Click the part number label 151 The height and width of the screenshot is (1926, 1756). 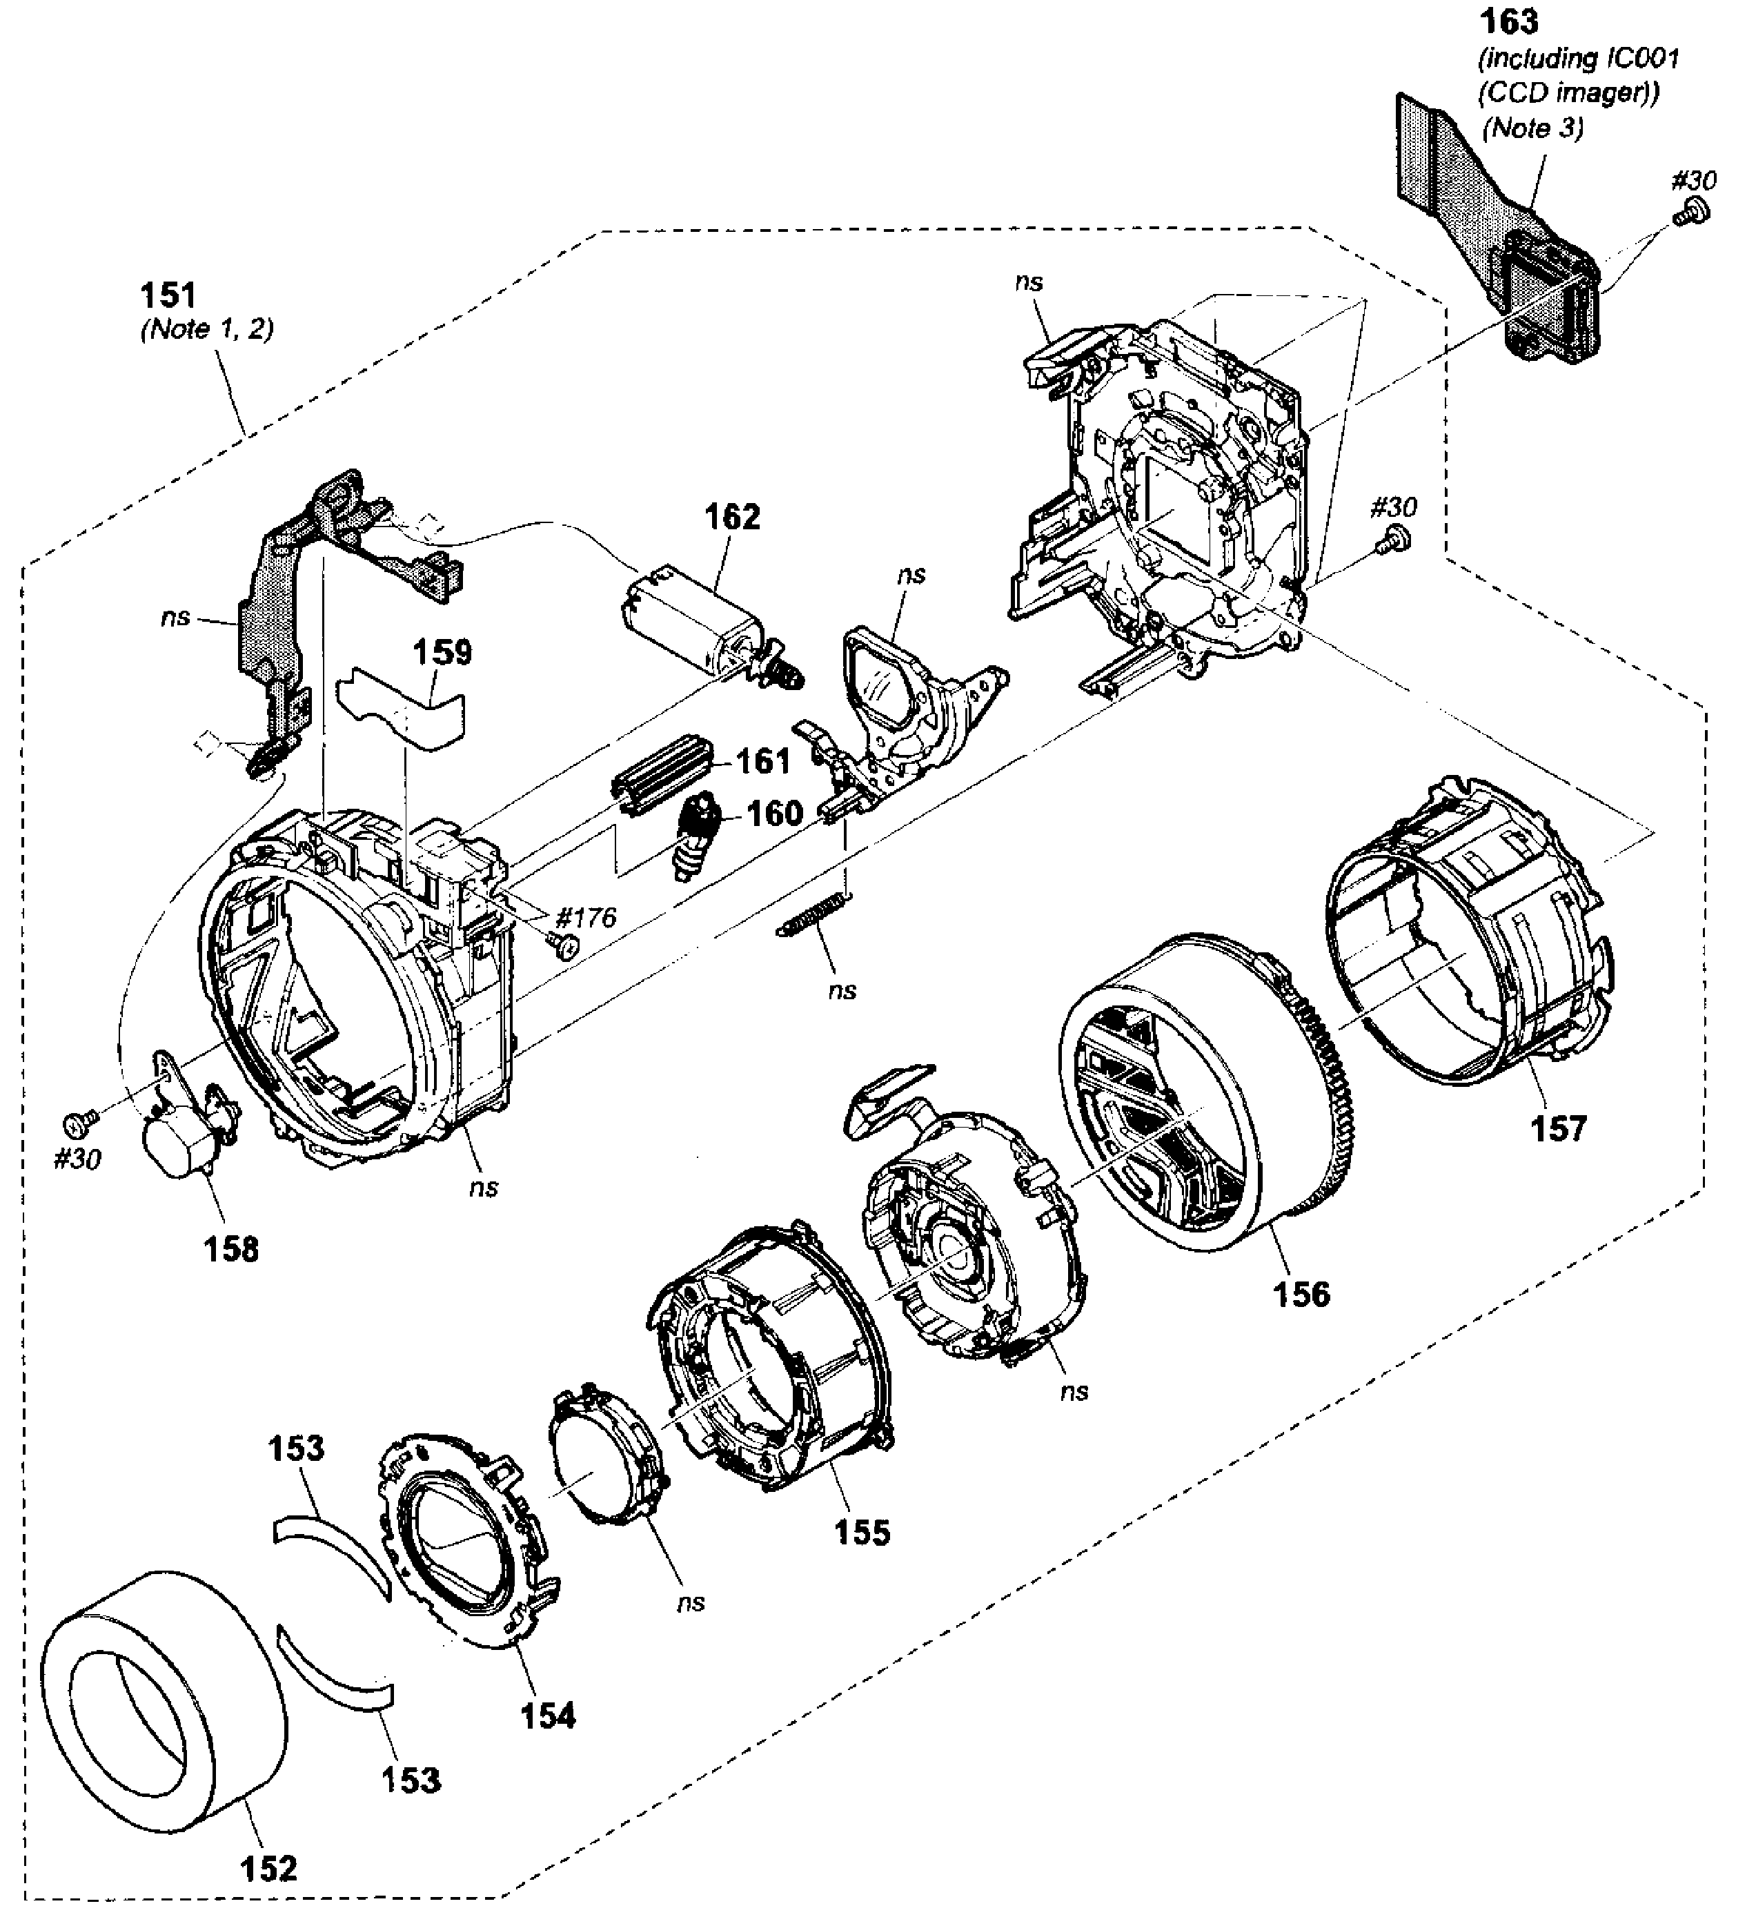point(168,293)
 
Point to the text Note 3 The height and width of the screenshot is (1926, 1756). point(1532,127)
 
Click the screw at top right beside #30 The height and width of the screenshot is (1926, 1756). point(1692,211)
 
